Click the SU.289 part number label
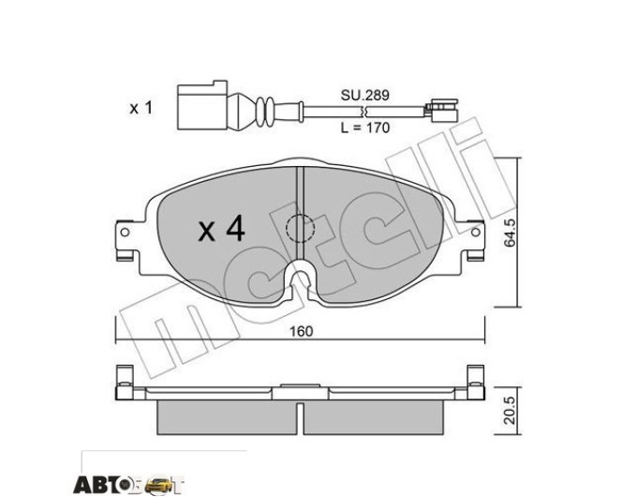pyautogui.click(x=364, y=95)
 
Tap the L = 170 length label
pyautogui.click(x=364, y=128)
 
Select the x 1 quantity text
pyautogui.click(x=141, y=108)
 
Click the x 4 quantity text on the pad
pyautogui.click(x=221, y=229)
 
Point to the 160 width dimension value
pyautogui.click(x=301, y=331)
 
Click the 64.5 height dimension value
pyautogui.click(x=510, y=233)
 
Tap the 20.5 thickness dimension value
pyautogui.click(x=510, y=411)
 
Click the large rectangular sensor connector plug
pyautogui.click(x=202, y=105)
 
